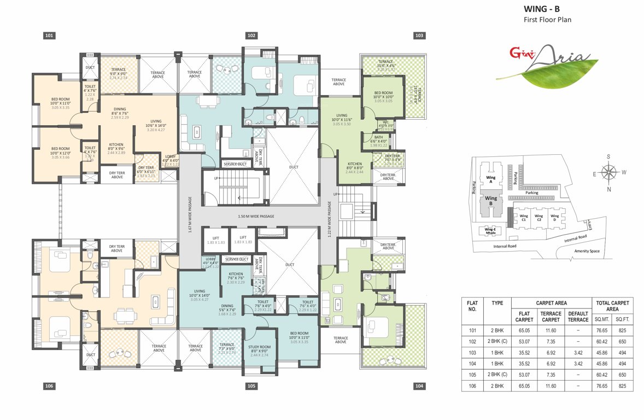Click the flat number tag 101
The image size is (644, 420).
tap(49, 36)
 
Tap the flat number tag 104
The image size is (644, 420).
tap(419, 386)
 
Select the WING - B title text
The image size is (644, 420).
tap(542, 9)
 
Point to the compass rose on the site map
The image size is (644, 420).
tap(608, 172)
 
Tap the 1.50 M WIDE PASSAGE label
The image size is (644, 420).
tap(256, 217)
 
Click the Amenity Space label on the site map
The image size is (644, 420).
tap(587, 251)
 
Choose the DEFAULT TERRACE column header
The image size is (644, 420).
tap(577, 317)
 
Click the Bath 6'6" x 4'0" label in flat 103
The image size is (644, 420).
tap(379, 141)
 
